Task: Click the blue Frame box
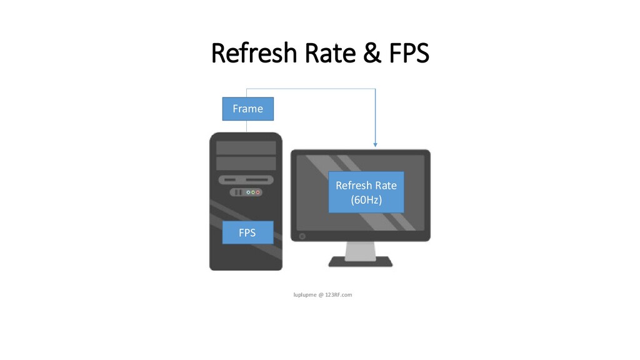click(247, 108)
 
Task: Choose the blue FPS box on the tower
click(247, 232)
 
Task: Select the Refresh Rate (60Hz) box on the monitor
click(366, 192)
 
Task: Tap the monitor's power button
click(303, 236)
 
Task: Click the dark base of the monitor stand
click(361, 262)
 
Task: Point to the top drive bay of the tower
click(246, 147)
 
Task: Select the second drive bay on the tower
click(246, 163)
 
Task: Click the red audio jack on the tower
click(258, 192)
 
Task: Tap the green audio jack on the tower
click(253, 192)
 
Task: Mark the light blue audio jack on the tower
click(248, 192)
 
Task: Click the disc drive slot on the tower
click(256, 179)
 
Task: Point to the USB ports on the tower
click(237, 192)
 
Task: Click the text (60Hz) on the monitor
click(366, 199)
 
